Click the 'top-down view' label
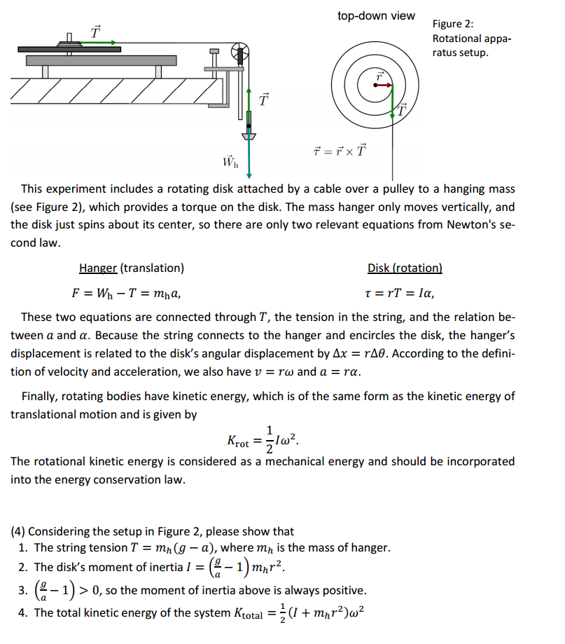pyautogui.click(x=375, y=15)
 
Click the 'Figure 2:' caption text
pyautogui.click(x=453, y=25)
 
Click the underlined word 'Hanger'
pyautogui.click(x=98, y=268)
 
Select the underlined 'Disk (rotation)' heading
pyautogui.click(x=405, y=268)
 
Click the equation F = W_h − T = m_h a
pyautogui.click(x=130, y=293)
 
